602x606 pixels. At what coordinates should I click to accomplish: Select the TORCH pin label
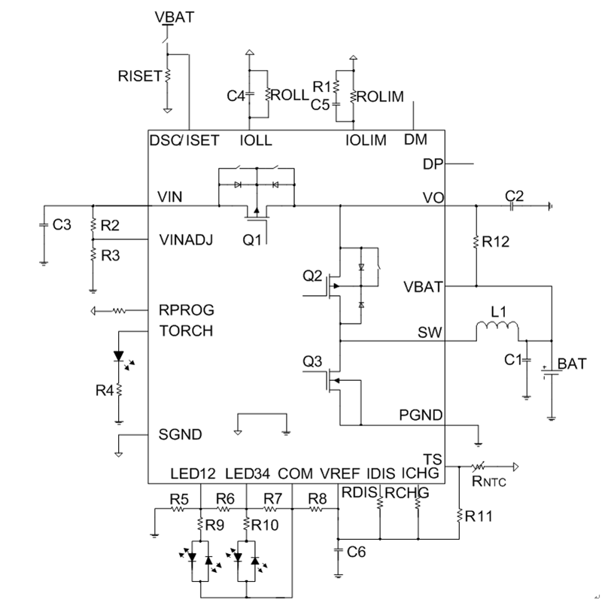pos(186,330)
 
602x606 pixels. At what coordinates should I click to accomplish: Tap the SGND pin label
pos(178,434)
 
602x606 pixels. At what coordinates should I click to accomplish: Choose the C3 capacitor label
pos(63,224)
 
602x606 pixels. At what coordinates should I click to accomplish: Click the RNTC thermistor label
pos(489,483)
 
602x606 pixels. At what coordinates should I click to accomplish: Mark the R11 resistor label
pos(480,516)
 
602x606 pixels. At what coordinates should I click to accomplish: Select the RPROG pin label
pos(187,309)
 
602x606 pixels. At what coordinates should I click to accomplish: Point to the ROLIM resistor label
pos(382,96)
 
